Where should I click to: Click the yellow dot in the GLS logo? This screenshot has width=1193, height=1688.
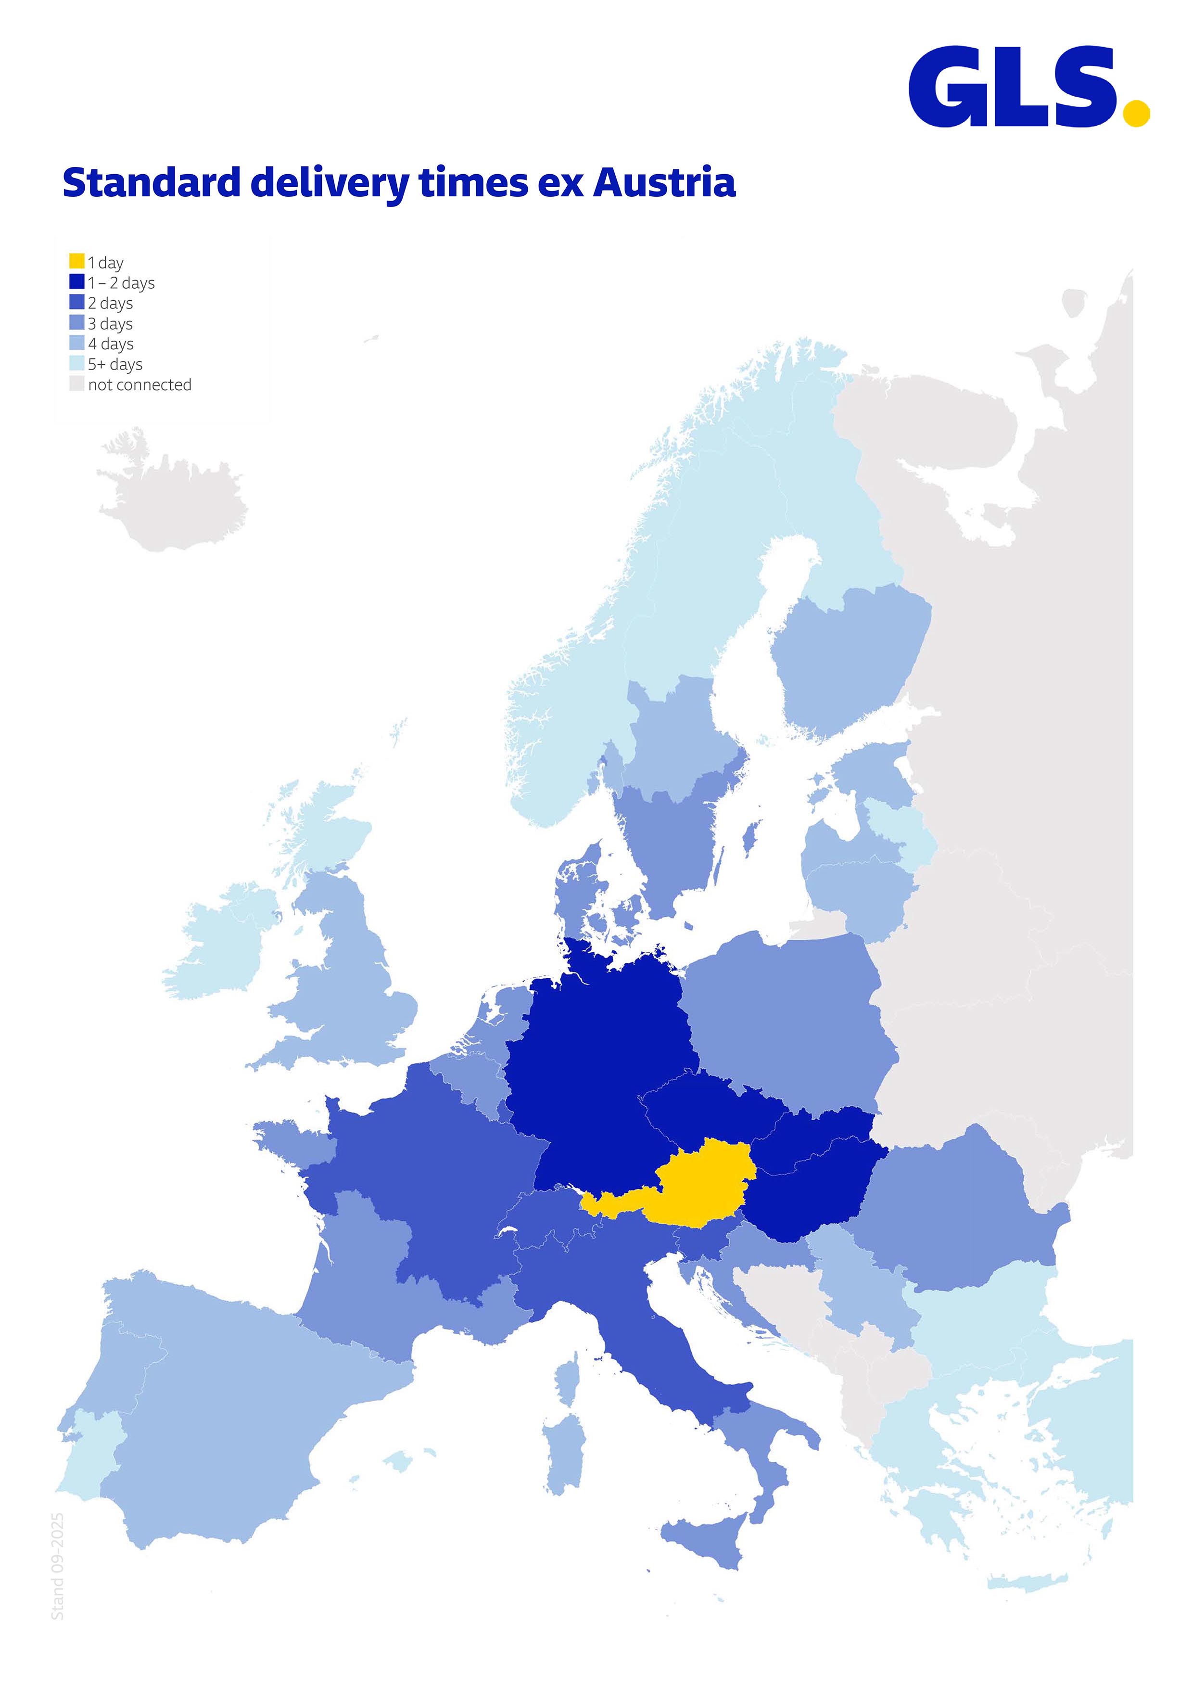point(1136,114)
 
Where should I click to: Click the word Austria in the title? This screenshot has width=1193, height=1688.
point(664,182)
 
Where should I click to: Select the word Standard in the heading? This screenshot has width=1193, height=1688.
point(152,182)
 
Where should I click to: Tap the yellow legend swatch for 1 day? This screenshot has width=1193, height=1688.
point(76,261)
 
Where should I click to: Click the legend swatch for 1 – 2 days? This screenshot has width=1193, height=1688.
point(76,281)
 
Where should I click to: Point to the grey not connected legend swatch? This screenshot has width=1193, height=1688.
point(76,384)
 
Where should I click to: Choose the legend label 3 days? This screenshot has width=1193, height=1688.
point(110,323)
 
